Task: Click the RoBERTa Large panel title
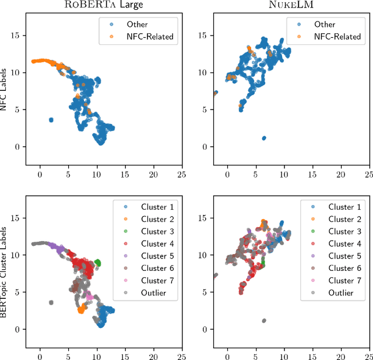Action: click(104, 6)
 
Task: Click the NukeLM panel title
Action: click(291, 6)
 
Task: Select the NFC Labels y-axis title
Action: click(5, 93)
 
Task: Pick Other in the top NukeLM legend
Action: click(325, 24)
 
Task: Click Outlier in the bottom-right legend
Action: click(341, 292)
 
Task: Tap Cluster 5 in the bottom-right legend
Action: click(341, 256)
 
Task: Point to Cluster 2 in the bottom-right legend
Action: click(341, 219)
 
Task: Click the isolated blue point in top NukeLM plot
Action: click(264, 138)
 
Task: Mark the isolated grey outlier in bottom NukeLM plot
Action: click(264, 320)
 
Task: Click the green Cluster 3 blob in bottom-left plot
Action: click(97, 263)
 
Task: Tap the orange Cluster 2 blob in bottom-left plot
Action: click(82, 310)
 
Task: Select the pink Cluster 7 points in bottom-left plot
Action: click(89, 297)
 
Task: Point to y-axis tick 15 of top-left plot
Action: click(16, 35)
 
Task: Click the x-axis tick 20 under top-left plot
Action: click(154, 173)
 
